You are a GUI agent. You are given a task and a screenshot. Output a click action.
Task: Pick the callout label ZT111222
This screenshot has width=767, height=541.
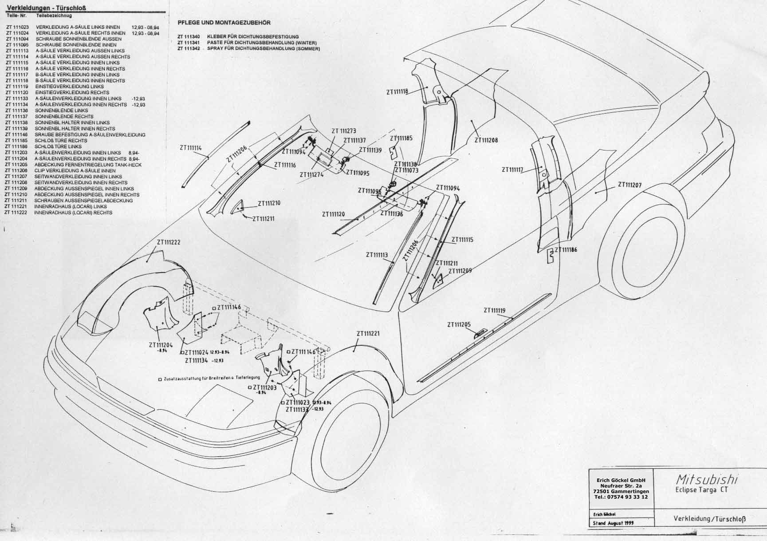tap(168, 242)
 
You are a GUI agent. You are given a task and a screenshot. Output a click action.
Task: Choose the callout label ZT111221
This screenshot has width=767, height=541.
tap(368, 334)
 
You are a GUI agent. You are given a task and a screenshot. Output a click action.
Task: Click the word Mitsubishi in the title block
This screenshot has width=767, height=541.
tap(707, 479)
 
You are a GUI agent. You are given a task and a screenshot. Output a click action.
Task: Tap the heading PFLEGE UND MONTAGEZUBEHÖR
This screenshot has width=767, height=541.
tap(224, 23)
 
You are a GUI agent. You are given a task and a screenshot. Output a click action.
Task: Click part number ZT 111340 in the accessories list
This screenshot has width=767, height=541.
tap(188, 37)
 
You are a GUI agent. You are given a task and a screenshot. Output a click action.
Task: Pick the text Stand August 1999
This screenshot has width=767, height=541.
tap(614, 523)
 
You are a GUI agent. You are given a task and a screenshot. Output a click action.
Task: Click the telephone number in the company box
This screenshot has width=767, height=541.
tap(621, 497)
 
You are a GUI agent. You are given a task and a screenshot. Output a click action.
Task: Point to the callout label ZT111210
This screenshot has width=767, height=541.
tap(269, 203)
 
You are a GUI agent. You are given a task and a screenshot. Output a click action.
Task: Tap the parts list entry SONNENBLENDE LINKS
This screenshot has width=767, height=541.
tap(62, 111)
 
